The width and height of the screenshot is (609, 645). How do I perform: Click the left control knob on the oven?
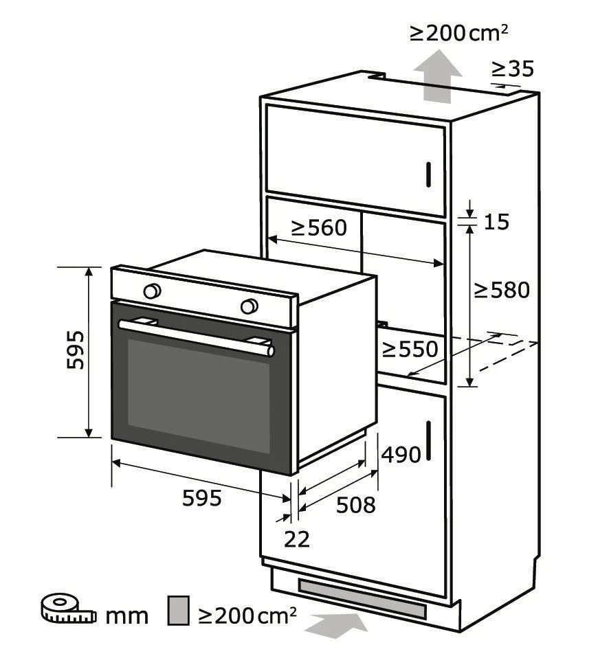[152, 291]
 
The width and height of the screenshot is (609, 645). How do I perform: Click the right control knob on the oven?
[249, 306]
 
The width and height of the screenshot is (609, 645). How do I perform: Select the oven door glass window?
[199, 396]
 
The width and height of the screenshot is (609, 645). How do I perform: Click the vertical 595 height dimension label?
[76, 350]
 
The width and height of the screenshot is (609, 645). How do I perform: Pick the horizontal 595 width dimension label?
[202, 498]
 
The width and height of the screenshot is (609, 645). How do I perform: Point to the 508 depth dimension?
[356, 505]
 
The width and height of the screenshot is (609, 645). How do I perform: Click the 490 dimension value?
[401, 455]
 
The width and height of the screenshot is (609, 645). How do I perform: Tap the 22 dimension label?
[297, 539]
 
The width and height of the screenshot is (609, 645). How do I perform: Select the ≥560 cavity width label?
[319, 227]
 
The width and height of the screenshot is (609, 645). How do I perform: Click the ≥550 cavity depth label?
[410, 349]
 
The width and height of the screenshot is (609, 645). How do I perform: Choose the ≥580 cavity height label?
[502, 290]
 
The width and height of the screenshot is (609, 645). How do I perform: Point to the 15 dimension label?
[496, 222]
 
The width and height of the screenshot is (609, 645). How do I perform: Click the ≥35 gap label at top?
[513, 69]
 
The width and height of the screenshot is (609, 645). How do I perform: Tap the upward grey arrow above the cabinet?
[438, 76]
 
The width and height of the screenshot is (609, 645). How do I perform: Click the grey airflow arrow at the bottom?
[336, 625]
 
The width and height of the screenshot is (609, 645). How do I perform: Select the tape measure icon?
[68, 609]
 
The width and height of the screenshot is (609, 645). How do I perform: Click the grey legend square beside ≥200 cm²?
[178, 611]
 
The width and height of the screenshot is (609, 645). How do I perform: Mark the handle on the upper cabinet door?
[428, 174]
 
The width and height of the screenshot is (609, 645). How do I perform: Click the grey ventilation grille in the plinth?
[362, 599]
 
